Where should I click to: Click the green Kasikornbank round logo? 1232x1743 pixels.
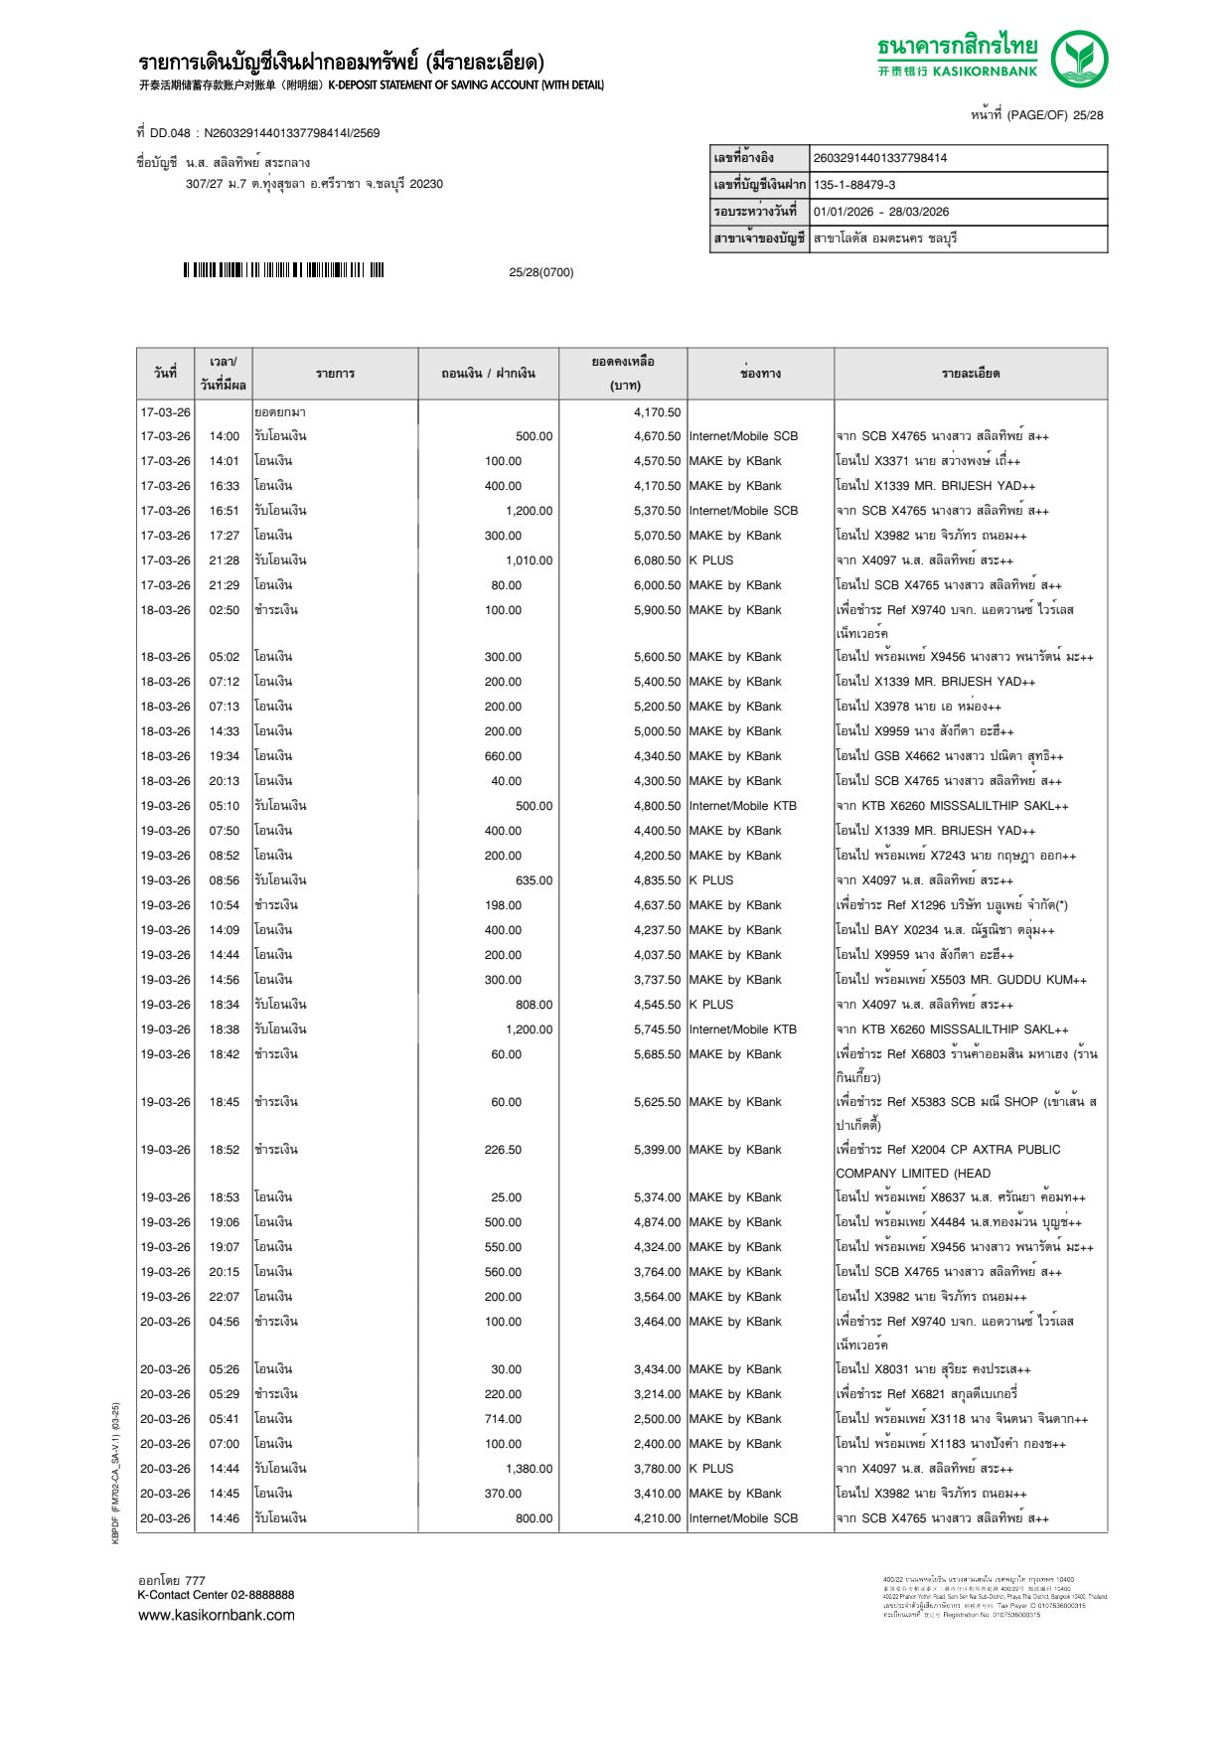pos(1079,59)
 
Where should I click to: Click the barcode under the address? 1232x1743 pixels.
pos(283,270)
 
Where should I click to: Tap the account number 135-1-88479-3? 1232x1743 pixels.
pos(854,185)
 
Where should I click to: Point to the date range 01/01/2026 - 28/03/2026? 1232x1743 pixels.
pos(880,212)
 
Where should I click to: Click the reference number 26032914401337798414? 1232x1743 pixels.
pos(879,158)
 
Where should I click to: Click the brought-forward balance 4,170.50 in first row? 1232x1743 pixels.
pos(657,412)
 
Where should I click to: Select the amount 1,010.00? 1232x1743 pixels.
pos(529,560)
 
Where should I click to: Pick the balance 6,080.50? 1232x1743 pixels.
pos(657,560)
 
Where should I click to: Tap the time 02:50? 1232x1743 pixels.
pos(224,610)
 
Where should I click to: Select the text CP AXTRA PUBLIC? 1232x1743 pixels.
pos(1002,1150)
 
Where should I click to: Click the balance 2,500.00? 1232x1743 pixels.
pos(657,1419)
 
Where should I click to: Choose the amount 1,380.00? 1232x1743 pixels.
pos(529,1469)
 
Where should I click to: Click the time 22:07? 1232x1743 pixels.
pos(224,1297)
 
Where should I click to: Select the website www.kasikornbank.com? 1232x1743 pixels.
pos(216,1615)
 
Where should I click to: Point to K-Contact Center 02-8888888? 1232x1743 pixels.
pos(216,1595)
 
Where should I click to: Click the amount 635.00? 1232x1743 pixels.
pos(534,880)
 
